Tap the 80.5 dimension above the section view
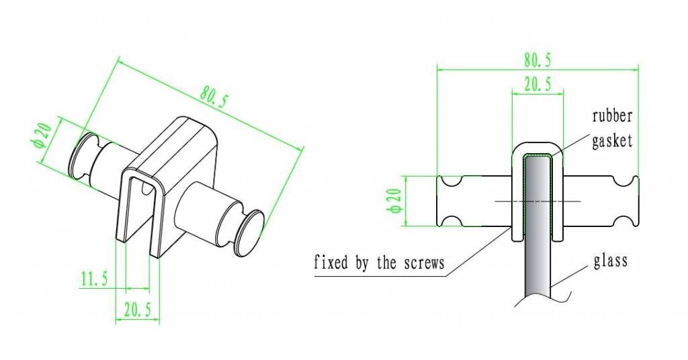(537, 60)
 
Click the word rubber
(612, 116)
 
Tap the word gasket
(612, 142)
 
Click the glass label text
(611, 260)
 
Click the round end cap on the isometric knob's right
(249, 232)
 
